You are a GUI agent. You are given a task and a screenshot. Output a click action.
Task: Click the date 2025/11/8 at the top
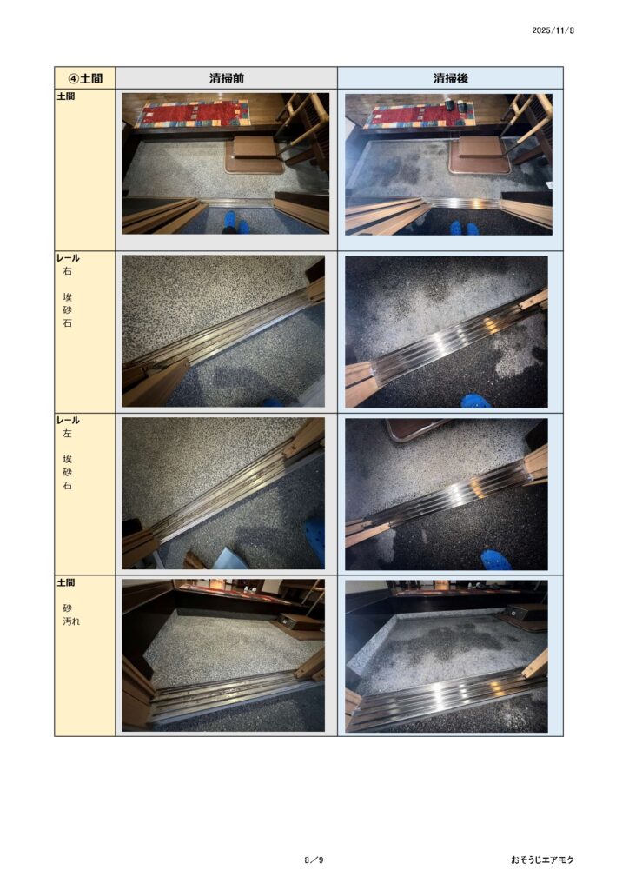click(553, 30)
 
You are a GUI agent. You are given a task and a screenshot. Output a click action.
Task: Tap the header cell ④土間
click(85, 77)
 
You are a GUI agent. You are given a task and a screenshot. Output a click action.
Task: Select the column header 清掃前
click(226, 77)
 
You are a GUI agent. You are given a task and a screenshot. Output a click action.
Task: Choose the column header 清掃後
click(450, 77)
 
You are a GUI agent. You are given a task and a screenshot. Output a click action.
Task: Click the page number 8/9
click(314, 860)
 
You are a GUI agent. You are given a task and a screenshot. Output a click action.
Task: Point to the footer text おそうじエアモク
click(542, 860)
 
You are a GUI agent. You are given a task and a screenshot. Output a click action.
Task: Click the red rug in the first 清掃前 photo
click(193, 114)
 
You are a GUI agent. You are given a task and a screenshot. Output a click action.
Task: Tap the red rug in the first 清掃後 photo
click(420, 116)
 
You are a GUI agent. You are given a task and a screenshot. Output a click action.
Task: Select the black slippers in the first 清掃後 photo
click(455, 105)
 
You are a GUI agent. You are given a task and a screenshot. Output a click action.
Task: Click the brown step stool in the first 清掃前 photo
click(255, 153)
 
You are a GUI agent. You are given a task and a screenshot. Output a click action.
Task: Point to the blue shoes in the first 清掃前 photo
click(235, 222)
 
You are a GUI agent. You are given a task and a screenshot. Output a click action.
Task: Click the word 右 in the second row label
click(68, 271)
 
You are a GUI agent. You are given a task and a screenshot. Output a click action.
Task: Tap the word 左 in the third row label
click(68, 434)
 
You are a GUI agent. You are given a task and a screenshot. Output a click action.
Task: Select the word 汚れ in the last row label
click(71, 621)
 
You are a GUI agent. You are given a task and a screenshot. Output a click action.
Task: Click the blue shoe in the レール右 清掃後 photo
click(475, 401)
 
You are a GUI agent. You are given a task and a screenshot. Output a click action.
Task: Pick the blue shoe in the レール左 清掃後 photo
click(496, 560)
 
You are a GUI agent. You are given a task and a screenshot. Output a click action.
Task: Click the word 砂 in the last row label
click(68, 608)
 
